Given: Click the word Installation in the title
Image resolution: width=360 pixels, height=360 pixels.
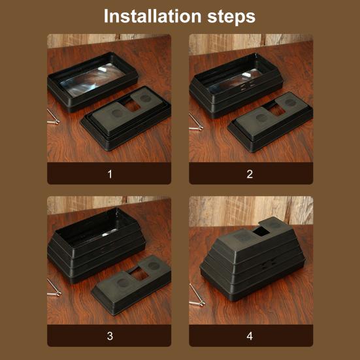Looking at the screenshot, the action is pos(153,16).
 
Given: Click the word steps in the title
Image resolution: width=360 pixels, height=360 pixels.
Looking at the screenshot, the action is pos(231,17).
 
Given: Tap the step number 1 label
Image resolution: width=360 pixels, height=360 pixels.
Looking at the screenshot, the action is pos(110,174).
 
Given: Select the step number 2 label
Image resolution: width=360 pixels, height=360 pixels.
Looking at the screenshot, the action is pos(250,174).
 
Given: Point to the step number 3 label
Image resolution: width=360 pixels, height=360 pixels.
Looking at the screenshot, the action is pos(110,336).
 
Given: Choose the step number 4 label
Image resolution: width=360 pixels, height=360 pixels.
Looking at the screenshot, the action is pos(250,336).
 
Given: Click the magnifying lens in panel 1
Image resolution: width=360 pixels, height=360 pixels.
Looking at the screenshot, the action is pos(93,80).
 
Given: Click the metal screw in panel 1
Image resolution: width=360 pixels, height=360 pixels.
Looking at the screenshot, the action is pos(53,118).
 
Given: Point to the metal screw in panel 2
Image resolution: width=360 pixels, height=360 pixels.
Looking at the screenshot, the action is pos(195,122).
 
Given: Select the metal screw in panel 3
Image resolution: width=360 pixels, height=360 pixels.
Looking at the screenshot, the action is pos(54,288).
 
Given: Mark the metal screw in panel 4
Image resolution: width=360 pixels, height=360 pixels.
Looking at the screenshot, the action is pos(197,295).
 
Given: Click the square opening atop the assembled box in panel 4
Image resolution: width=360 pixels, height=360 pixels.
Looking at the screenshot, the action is pos(261,232).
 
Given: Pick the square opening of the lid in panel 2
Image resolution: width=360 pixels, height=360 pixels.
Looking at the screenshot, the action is pos(276,111).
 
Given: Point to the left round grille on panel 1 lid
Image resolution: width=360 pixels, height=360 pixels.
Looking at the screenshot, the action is pos(117,113).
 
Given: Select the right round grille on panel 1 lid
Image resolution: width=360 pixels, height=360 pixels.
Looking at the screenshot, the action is pos(145,98).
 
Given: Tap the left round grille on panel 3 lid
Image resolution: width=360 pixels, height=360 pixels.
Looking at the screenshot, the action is pos(123,282).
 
